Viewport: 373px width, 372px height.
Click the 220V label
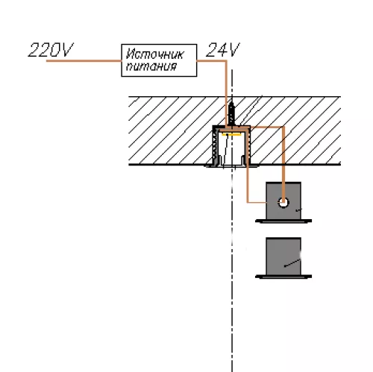[x=51, y=50]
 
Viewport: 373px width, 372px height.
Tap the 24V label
[x=223, y=50]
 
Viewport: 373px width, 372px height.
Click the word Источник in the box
[x=154, y=54]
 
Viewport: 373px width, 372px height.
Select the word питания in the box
[x=151, y=66]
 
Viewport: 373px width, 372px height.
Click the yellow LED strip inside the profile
[x=232, y=135]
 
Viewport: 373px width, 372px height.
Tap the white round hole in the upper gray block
[x=283, y=203]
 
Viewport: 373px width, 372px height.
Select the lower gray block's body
[x=283, y=256]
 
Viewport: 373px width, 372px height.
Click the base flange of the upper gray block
[x=283, y=221]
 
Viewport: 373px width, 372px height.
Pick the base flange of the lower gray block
[x=283, y=277]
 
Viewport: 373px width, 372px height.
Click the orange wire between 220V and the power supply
[x=84, y=60]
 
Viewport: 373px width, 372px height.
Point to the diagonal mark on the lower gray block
[x=292, y=263]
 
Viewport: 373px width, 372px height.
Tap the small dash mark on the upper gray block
[x=298, y=210]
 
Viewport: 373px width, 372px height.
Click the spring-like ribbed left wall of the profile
[x=215, y=146]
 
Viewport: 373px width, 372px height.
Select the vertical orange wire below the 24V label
[x=226, y=94]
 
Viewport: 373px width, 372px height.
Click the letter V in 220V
[x=67, y=50]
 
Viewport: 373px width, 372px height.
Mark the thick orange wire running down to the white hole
[x=283, y=164]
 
